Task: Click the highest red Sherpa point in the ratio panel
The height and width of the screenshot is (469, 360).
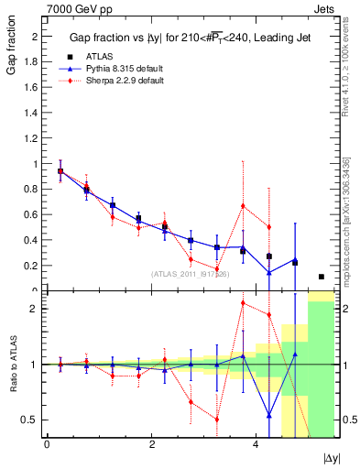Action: [243, 302]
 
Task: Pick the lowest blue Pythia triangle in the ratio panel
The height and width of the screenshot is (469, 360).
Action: [269, 415]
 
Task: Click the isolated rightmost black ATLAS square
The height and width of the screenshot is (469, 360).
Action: [322, 277]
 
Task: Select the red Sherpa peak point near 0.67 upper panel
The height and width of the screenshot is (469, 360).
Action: [243, 205]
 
